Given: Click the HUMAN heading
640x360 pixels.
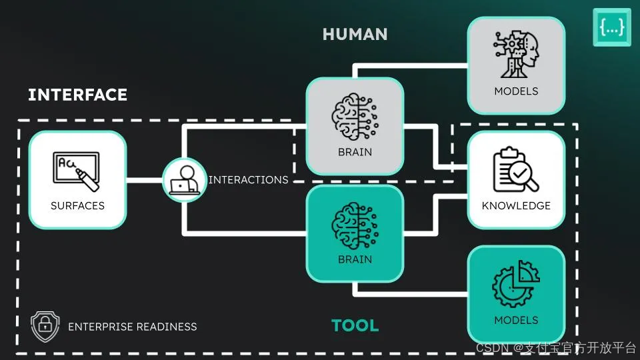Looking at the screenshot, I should [x=355, y=34].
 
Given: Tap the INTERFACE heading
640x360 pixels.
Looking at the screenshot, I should [x=77, y=95].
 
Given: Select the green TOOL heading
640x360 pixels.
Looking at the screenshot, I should [x=355, y=325].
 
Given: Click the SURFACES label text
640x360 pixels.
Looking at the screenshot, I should [x=77, y=205].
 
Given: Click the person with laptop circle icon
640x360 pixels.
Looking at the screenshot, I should [x=184, y=180].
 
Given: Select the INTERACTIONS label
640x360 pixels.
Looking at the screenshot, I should [x=248, y=180].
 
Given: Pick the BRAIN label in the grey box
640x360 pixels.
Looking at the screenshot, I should [x=355, y=152].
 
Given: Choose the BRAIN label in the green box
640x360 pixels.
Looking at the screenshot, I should [x=355, y=259].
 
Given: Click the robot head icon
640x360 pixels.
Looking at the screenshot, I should [x=516, y=54].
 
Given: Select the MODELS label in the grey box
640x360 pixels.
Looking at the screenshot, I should [x=516, y=91].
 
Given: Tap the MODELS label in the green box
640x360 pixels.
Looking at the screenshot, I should [x=516, y=321].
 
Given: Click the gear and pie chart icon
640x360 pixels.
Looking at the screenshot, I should [x=516, y=284].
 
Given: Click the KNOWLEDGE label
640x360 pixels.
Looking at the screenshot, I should [x=516, y=205].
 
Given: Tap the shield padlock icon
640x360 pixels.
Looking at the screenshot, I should [x=45, y=326].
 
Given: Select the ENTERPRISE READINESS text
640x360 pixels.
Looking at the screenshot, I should [x=133, y=327].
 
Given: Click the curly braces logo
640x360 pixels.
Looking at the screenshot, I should [x=611, y=27].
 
